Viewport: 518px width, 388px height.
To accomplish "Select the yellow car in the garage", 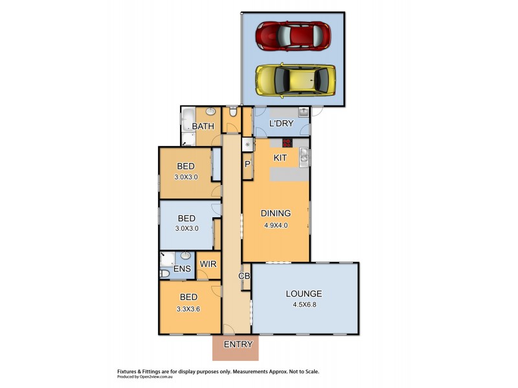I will (x=295, y=81).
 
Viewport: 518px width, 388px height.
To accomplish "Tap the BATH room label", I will (x=203, y=126).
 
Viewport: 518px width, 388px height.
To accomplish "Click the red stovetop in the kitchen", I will (x=286, y=144).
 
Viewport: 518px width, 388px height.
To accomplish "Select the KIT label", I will (x=280, y=158).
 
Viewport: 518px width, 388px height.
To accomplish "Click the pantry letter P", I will (x=247, y=164).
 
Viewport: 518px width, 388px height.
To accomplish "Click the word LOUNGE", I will (x=304, y=294).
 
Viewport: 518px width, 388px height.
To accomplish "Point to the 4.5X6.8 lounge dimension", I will (x=304, y=306).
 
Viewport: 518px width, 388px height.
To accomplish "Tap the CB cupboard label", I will (x=244, y=276).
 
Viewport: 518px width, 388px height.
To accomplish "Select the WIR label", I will (x=208, y=264).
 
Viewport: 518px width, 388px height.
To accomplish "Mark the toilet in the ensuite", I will (x=164, y=274).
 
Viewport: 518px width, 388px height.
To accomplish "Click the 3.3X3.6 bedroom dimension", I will (x=188, y=309).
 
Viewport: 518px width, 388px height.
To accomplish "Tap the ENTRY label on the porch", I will (x=238, y=345).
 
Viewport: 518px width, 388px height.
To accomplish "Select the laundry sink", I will (x=302, y=113).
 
